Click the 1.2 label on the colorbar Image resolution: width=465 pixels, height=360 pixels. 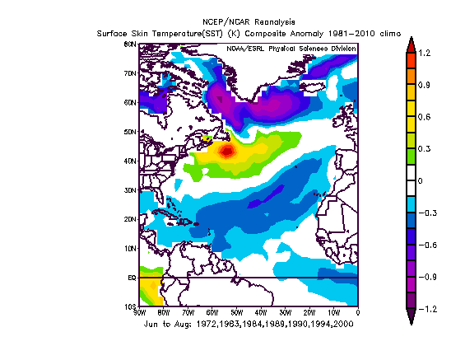425,52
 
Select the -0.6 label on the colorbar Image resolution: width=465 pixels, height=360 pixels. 426,245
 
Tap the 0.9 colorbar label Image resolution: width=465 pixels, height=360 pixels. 425,84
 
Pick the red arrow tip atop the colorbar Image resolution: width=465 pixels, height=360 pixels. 409,44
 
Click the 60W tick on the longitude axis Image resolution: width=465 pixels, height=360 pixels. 212,313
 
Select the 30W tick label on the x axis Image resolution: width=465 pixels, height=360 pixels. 285,313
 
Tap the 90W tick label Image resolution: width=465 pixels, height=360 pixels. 139,313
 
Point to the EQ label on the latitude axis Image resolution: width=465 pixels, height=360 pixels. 131,278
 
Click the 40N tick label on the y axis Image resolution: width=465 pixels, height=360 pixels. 130,161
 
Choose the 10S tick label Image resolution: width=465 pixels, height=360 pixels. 130,306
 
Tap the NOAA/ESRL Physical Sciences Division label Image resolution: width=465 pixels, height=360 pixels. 292,49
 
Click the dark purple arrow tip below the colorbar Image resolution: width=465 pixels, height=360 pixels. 409,318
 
